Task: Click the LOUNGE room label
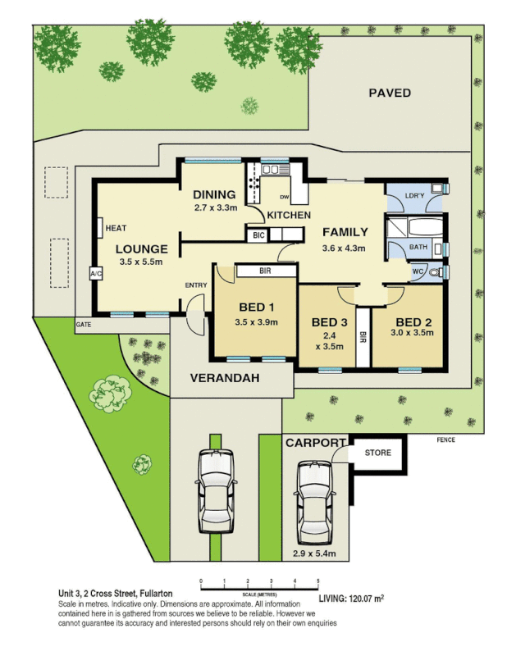point(141,248)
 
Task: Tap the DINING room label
point(214,194)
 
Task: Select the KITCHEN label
point(289,215)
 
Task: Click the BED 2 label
point(413,321)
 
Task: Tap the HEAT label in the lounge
point(116,228)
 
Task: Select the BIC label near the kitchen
point(259,235)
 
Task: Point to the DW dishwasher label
point(285,197)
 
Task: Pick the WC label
point(418,271)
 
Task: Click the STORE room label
point(377,452)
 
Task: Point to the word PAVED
point(389,93)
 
